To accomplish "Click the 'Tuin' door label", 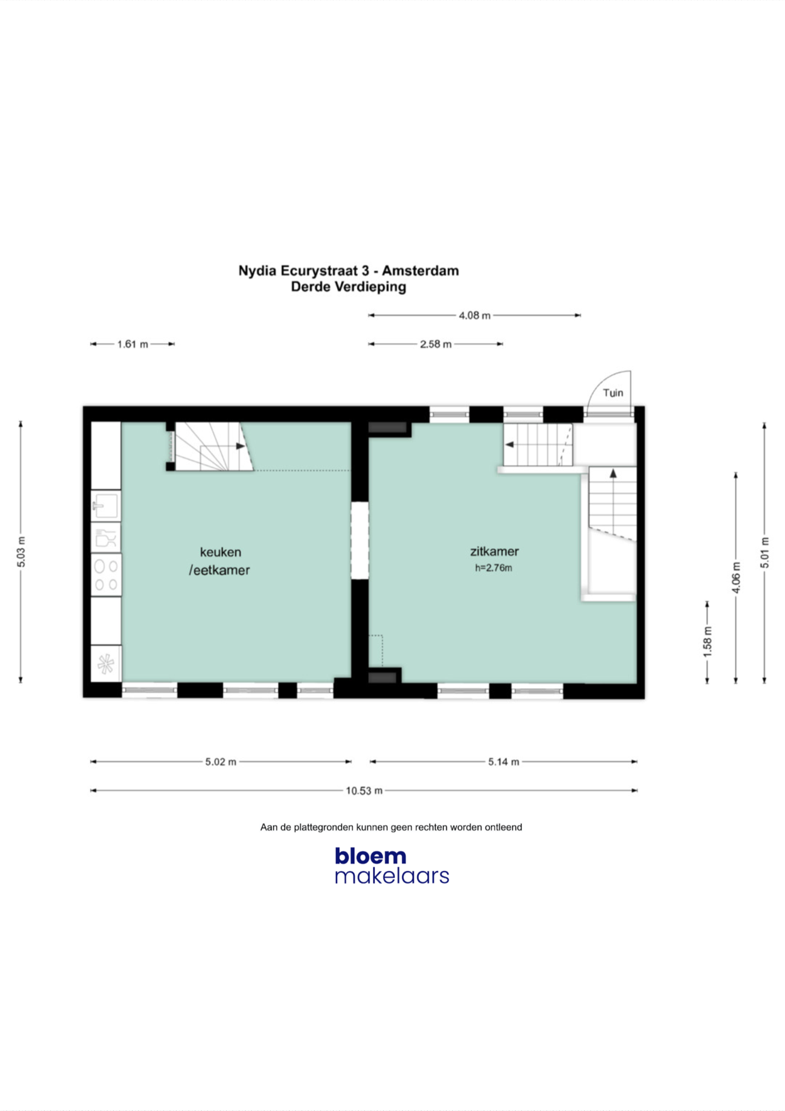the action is (613, 393).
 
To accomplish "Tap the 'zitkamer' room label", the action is (494, 551).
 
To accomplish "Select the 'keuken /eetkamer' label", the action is (220, 561).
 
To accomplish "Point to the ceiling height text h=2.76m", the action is (494, 568).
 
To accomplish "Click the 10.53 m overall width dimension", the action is (364, 791).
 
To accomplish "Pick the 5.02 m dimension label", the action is (220, 762).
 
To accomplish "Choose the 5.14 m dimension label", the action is (504, 762).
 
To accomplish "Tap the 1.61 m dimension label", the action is (133, 344).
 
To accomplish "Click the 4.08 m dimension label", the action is (474, 315).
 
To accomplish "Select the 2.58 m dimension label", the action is (436, 344).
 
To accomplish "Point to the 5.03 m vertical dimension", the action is (21, 552).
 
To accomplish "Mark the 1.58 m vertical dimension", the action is (708, 642).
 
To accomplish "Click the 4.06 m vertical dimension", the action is (737, 577).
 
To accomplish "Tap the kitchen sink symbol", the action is (106, 505).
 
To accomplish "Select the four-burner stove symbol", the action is (106, 575).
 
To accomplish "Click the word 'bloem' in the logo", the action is (371, 855).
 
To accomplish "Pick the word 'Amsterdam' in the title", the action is (420, 271).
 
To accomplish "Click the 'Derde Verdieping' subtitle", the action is (349, 287).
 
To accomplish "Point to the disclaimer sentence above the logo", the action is (391, 827).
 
